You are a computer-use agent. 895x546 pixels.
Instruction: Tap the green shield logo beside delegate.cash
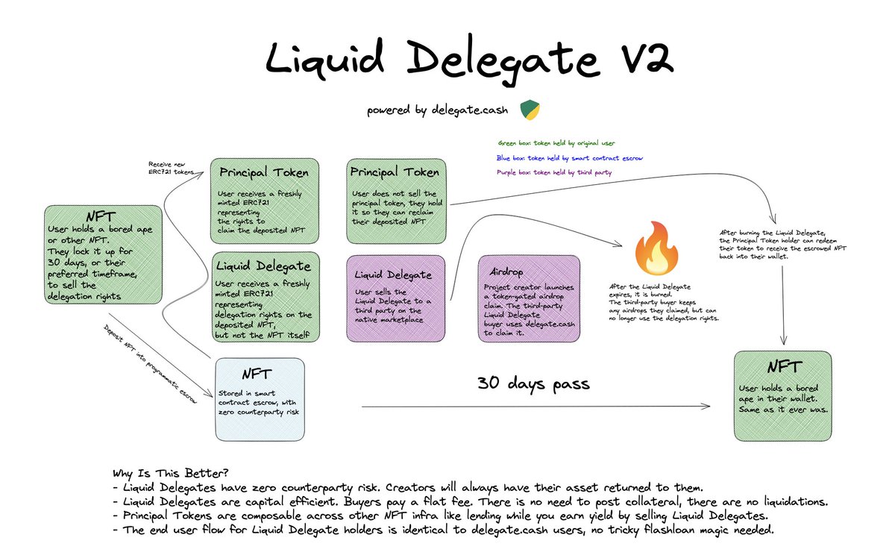pyautogui.click(x=530, y=110)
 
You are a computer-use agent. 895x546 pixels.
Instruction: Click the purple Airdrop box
pyautogui.click(x=529, y=298)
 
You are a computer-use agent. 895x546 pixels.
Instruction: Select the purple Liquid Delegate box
pyautogui.click(x=396, y=298)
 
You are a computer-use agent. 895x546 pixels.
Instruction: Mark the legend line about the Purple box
pyautogui.click(x=556, y=172)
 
